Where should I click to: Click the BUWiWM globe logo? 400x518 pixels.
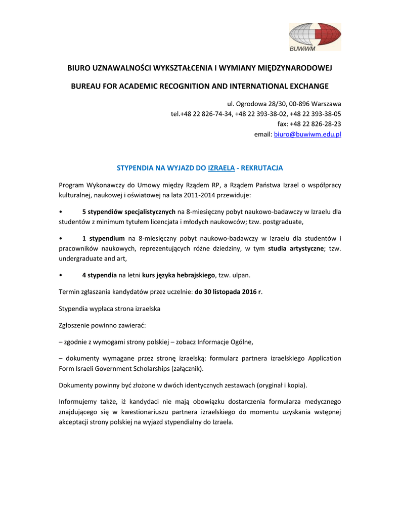click(x=315, y=36)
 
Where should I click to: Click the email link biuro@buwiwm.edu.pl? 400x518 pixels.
click(x=307, y=135)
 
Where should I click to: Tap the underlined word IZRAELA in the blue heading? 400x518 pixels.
click(x=221, y=167)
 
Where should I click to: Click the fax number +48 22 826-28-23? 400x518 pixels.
click(x=315, y=123)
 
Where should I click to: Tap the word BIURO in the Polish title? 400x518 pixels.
click(x=79, y=67)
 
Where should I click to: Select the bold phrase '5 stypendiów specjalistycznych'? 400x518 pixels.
click(x=128, y=211)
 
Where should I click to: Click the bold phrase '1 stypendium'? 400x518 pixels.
click(x=103, y=238)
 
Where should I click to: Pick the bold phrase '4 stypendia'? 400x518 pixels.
click(x=99, y=275)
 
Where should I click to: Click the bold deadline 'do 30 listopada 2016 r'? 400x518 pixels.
click(x=228, y=292)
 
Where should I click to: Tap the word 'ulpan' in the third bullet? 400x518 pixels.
click(x=241, y=275)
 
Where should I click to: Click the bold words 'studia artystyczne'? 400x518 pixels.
click(x=296, y=248)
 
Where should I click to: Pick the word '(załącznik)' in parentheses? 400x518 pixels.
click(x=180, y=368)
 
